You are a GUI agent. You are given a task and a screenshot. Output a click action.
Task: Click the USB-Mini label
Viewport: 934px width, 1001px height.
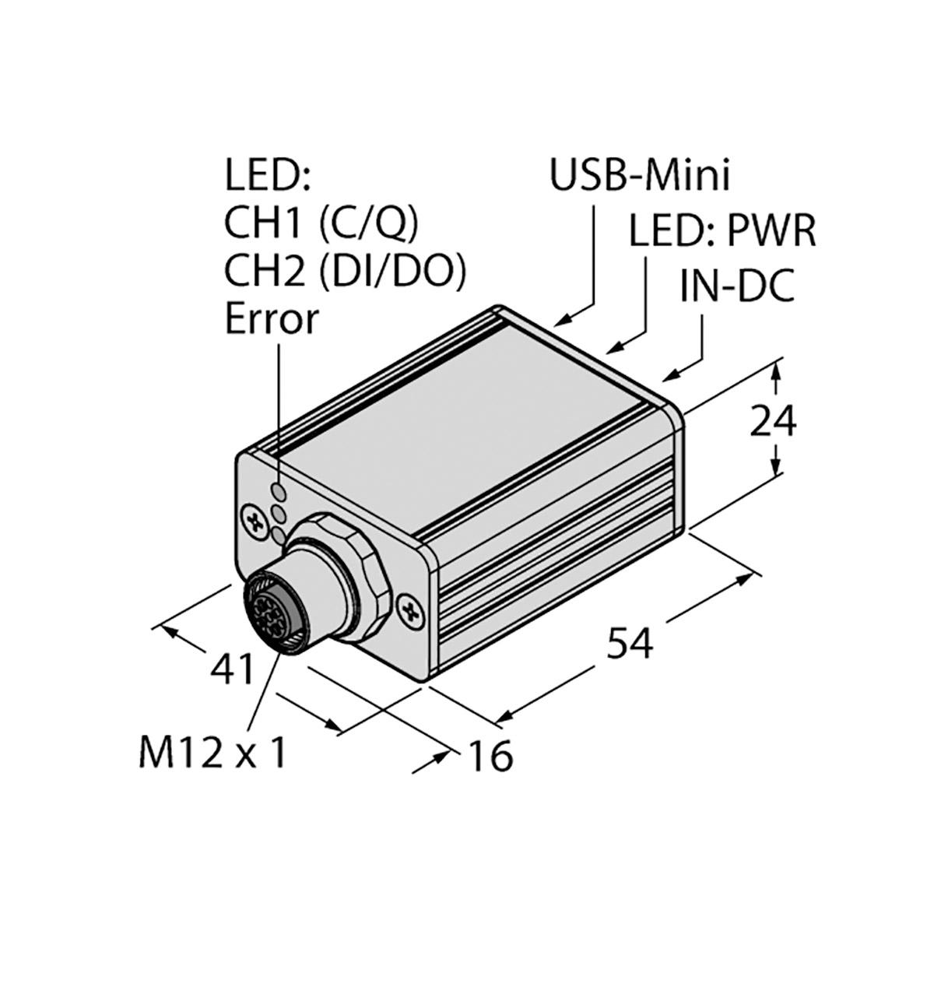639,175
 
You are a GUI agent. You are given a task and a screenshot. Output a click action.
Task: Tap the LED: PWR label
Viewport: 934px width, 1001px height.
722,231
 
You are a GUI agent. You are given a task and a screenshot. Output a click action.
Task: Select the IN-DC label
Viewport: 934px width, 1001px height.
737,286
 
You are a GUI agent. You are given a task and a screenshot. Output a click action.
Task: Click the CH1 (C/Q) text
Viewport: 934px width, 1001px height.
321,224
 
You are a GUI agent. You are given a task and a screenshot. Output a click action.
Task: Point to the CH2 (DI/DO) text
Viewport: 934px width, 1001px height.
344,272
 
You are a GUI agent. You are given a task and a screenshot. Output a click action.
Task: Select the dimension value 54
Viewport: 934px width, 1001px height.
630,643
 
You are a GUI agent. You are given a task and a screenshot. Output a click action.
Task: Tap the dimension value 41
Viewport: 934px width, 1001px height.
233,669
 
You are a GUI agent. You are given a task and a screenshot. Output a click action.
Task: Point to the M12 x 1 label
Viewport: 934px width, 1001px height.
212,767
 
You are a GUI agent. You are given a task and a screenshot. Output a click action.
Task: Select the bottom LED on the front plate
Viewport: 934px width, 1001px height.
278,535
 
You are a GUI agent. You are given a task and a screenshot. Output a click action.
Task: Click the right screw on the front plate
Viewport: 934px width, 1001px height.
411,612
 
